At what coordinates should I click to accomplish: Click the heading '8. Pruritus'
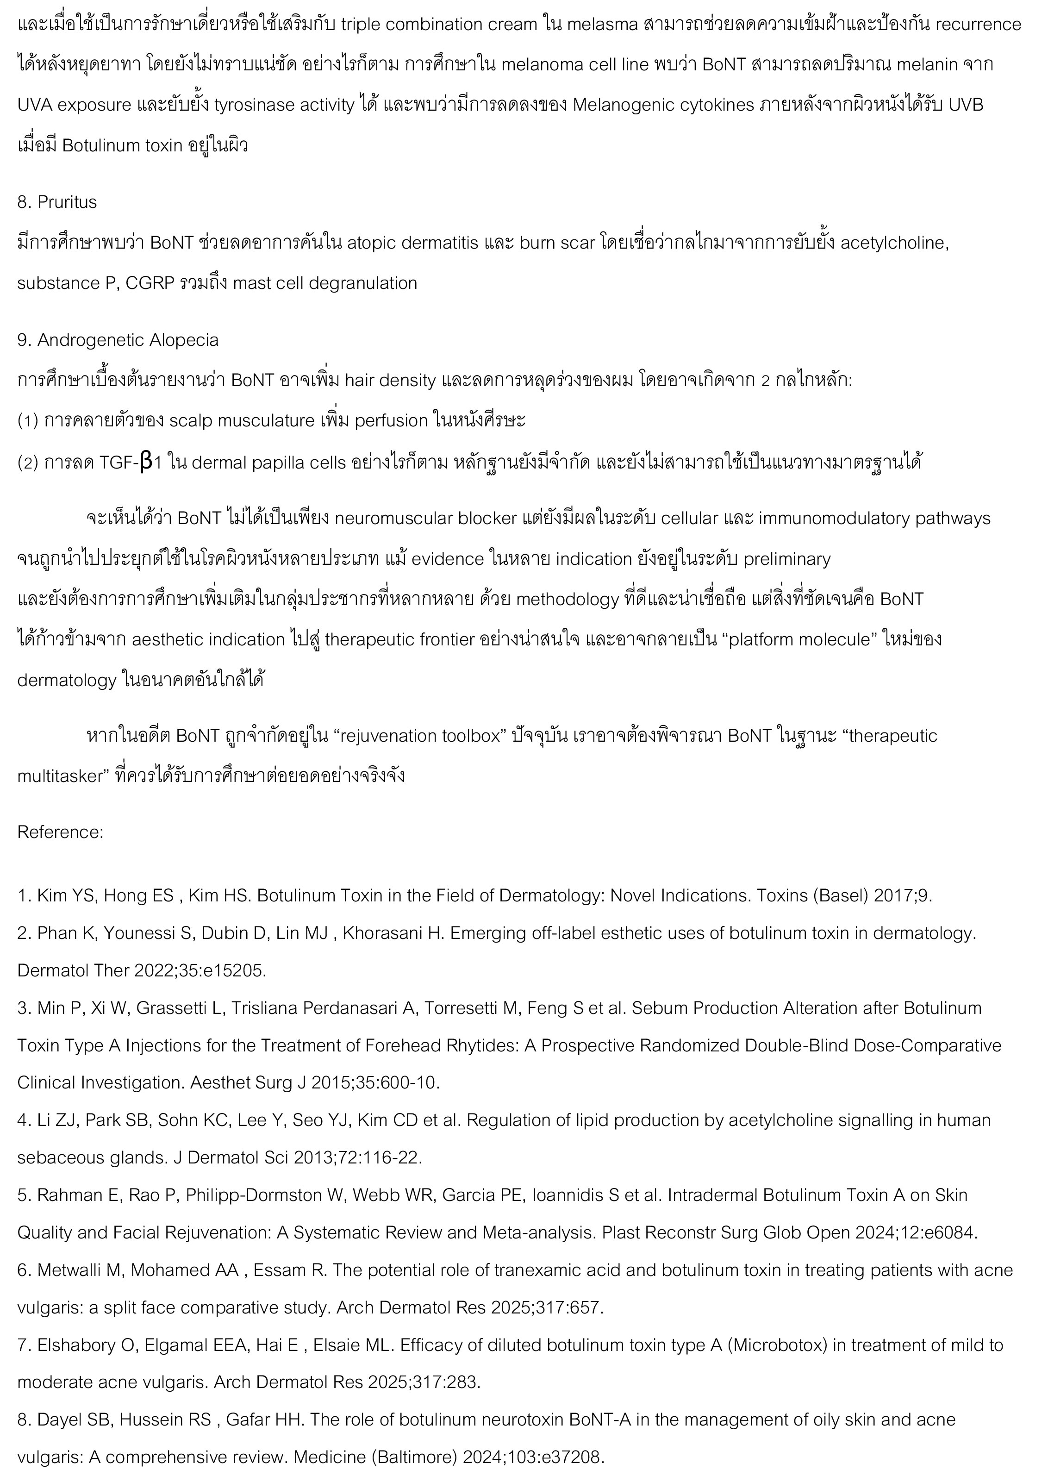point(57,202)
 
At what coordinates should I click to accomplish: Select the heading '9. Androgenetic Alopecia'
point(118,340)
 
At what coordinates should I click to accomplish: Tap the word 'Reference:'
point(60,832)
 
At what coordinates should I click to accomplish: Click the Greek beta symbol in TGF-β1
point(146,462)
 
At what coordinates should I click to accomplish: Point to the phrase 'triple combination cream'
point(439,25)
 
